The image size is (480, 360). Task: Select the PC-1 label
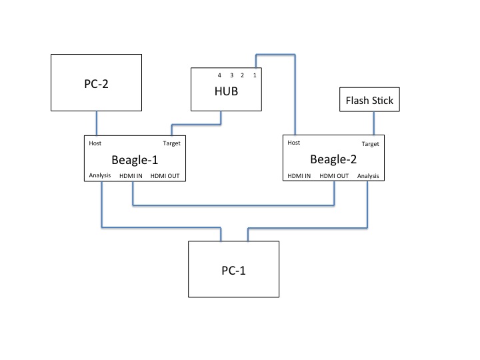234,271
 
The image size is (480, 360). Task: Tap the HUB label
226,93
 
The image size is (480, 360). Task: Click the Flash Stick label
369,101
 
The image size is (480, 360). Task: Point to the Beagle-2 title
333,159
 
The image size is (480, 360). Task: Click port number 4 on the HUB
219,75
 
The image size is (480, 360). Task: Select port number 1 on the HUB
254,75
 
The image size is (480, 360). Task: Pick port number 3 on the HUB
231,75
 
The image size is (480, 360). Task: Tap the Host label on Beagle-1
95,143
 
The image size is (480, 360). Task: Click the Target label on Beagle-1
171,143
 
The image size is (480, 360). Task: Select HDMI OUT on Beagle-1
165,176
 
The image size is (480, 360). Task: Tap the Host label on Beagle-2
293,143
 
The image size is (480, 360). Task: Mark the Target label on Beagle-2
370,143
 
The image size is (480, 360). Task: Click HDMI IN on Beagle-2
299,176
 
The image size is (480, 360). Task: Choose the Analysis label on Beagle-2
367,176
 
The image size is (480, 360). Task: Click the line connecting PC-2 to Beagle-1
97,123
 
